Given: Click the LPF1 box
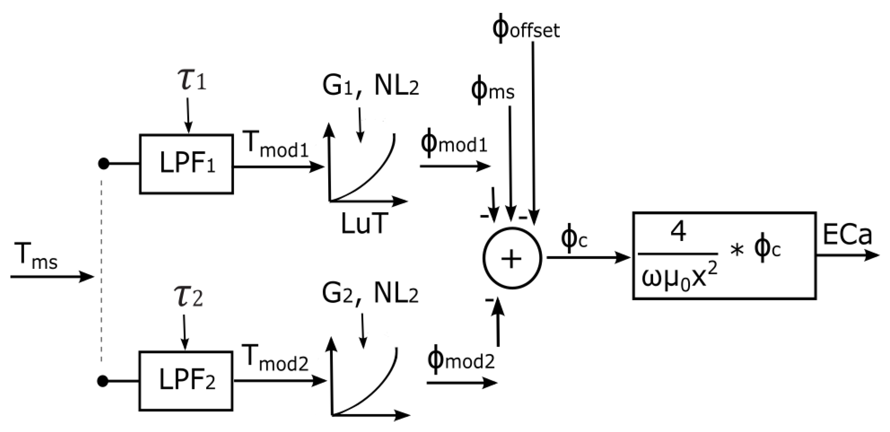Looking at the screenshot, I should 187,164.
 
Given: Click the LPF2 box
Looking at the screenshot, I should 186,381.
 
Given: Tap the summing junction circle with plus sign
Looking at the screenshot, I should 512,258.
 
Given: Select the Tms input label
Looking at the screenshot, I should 36,257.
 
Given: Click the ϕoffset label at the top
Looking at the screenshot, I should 525,30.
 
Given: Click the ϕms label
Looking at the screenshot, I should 492,91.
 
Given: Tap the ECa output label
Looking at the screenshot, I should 847,235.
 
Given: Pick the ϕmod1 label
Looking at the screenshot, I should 453,144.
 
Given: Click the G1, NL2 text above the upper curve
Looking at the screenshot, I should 370,86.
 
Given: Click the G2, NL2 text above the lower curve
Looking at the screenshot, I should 370,294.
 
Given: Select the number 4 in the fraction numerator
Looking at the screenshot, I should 678,233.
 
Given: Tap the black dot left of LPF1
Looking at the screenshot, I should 104,164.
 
